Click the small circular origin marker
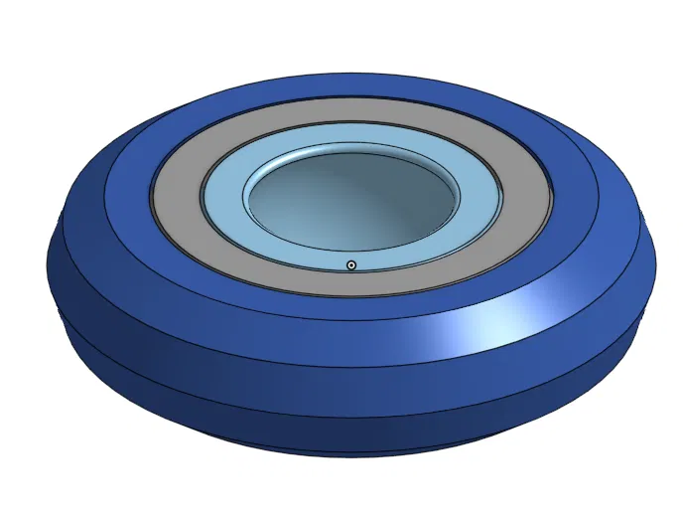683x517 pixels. tap(351, 264)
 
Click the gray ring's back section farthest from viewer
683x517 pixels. tap(353, 110)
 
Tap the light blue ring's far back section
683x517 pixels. tap(353, 136)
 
